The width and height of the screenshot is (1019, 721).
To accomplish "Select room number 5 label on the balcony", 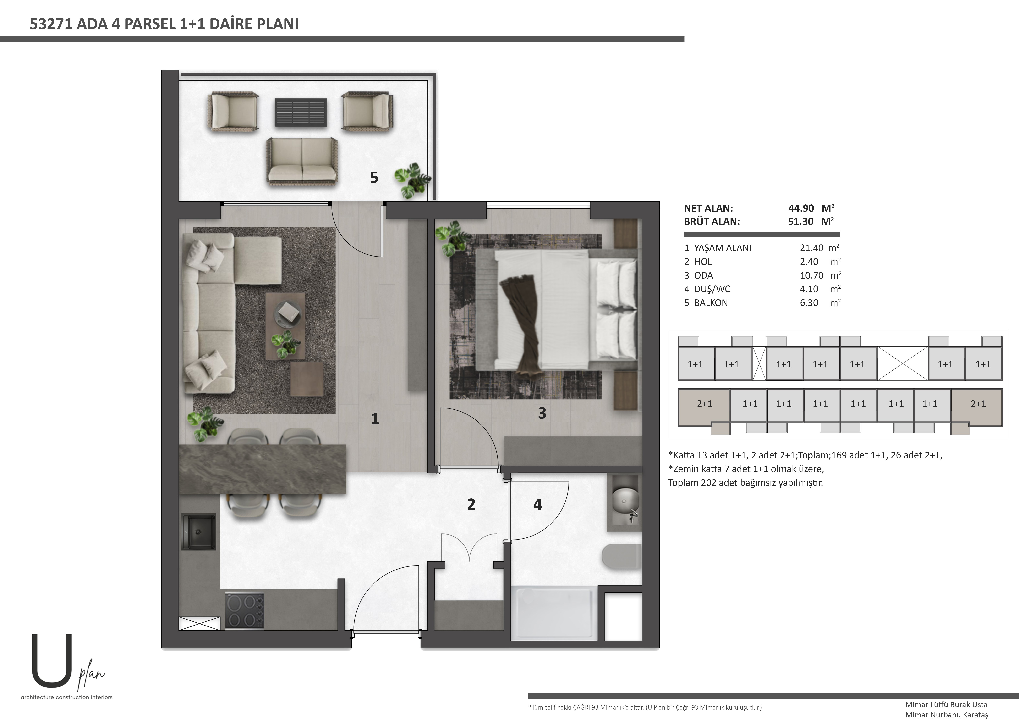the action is (374, 178).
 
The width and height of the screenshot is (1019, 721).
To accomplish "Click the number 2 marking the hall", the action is (471, 504).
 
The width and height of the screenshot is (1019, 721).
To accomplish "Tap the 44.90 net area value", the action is (801, 208).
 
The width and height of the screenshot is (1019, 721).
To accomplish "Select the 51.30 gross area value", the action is (801, 222).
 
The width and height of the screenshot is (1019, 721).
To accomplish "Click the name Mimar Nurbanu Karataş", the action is (947, 715).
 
